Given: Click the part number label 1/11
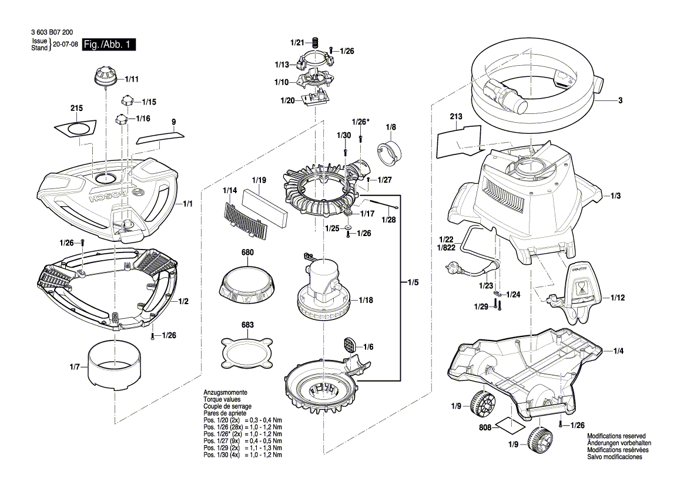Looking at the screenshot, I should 132,79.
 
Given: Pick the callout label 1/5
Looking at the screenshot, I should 413,282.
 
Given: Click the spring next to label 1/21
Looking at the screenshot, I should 314,43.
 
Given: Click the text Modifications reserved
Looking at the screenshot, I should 618,436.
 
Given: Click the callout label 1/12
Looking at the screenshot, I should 617,298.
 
